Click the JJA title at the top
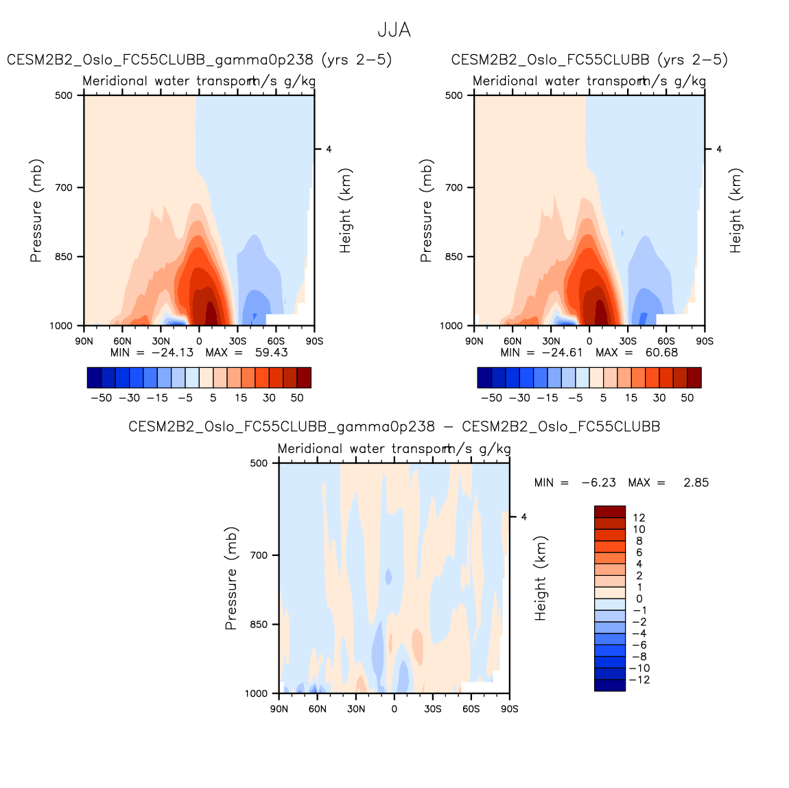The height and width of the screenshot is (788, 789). [394, 30]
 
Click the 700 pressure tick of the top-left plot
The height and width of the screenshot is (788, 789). [64, 187]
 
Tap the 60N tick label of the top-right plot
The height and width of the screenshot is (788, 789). [512, 341]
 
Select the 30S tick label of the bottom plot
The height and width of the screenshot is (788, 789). [432, 709]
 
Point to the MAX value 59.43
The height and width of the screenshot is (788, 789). [271, 353]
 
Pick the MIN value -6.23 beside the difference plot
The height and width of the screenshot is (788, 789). [598, 483]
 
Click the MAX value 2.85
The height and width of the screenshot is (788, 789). [696, 483]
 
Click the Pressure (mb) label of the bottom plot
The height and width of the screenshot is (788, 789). [231, 578]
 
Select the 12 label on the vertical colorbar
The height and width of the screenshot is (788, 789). [639, 518]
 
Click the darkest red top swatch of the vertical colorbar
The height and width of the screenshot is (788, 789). [609, 511]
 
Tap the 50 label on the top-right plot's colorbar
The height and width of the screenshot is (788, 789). [687, 398]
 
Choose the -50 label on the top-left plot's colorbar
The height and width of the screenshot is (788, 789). [101, 398]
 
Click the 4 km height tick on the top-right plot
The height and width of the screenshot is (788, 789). [718, 149]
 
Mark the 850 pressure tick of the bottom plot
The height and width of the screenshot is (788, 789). [259, 625]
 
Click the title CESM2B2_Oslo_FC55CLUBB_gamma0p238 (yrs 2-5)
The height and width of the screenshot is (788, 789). [199, 60]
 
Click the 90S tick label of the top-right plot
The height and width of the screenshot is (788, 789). [705, 341]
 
